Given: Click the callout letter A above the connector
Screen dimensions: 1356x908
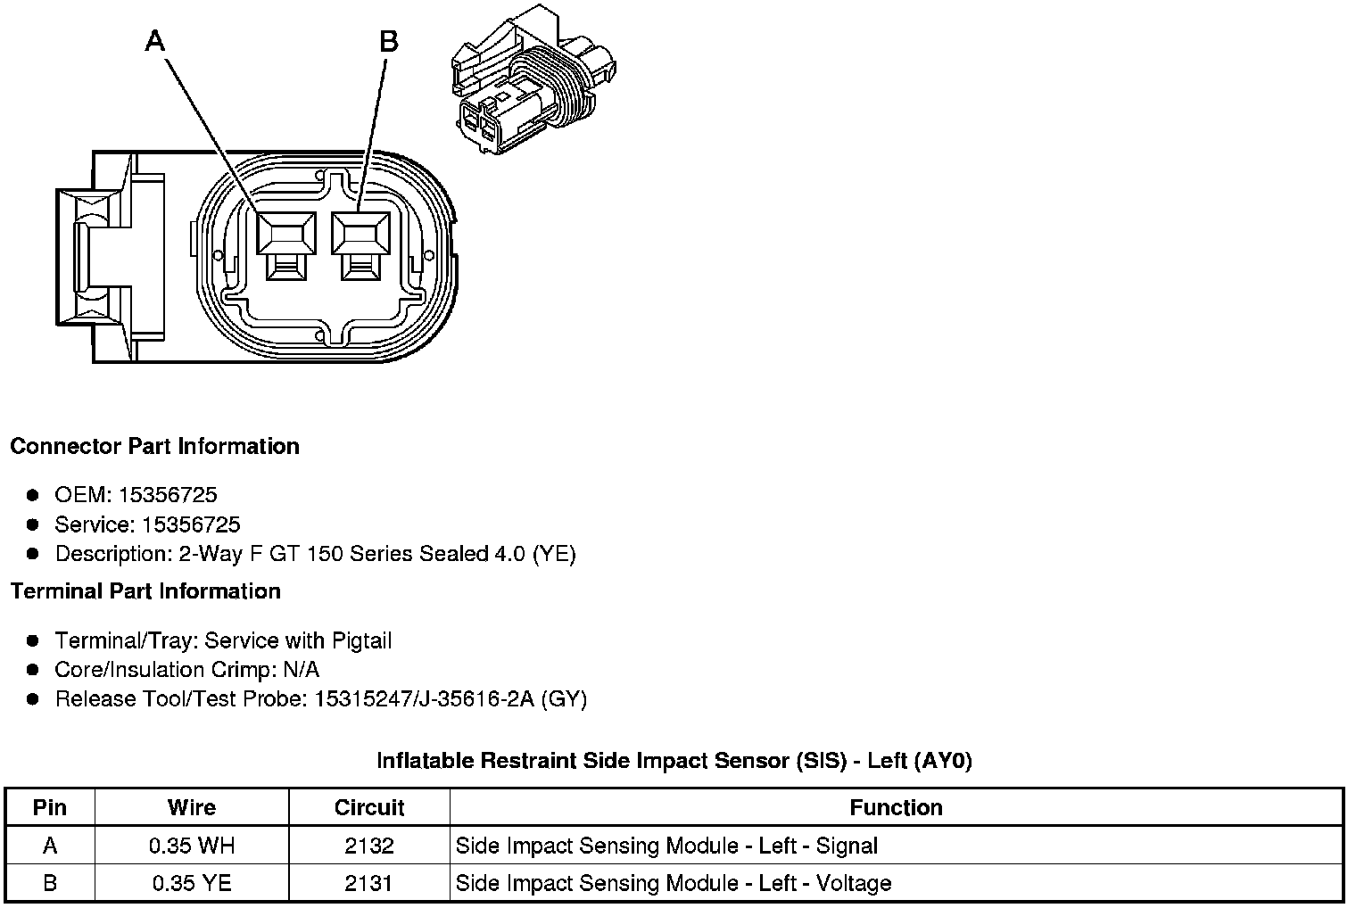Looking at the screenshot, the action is [155, 41].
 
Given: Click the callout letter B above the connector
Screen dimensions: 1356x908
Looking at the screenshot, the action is [388, 41].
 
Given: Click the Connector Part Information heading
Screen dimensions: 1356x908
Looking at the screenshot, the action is [154, 446].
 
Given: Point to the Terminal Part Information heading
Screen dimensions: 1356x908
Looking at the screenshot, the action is [145, 591].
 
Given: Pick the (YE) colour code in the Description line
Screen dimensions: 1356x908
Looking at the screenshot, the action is [554, 554].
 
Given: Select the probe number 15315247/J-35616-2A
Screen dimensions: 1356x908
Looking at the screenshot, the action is [424, 698].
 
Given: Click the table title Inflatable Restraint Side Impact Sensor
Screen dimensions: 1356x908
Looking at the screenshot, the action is [674, 761].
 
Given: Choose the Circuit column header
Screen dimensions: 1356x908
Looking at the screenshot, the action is [369, 808].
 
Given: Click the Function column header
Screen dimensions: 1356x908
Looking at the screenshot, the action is [896, 808].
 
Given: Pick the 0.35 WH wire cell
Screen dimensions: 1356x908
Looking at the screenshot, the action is [192, 846].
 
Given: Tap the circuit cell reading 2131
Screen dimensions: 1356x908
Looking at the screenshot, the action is [369, 883].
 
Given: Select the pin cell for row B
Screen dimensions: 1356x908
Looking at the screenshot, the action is [50, 883].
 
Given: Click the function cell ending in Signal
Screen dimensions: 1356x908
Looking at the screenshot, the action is [666, 846].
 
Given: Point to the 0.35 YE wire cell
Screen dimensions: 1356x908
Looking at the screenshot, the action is [192, 883].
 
